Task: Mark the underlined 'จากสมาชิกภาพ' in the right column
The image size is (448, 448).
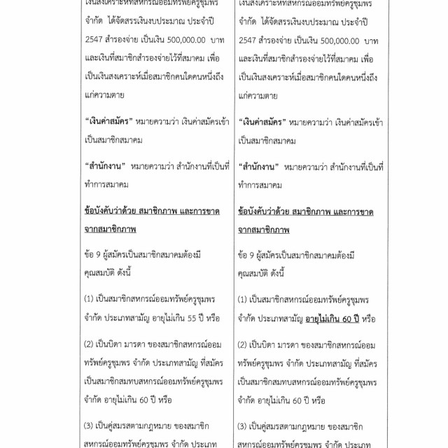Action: (265, 228)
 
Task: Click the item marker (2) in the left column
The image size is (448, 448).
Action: (88, 345)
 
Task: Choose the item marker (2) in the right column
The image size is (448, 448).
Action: (243, 345)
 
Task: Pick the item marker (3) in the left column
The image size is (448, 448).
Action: (88, 426)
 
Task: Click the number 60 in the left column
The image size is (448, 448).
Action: (164, 399)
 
